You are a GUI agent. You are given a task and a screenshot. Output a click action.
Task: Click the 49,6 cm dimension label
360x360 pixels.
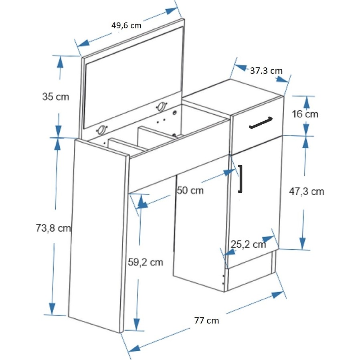tap(126, 25)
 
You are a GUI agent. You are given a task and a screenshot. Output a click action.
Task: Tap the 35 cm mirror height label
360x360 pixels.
tap(56, 97)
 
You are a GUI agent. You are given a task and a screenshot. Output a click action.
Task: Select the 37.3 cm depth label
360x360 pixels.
tap(266, 71)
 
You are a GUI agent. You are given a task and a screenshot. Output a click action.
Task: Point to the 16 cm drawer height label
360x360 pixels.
tap(305, 114)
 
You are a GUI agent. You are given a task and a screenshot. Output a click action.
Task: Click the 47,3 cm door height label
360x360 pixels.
tap(307, 191)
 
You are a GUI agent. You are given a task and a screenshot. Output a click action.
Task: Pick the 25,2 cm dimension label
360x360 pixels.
tap(248, 244)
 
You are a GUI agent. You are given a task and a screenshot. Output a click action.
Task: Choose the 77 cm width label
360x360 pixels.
tap(206, 320)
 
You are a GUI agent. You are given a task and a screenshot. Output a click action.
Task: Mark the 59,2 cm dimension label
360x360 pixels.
tap(146, 262)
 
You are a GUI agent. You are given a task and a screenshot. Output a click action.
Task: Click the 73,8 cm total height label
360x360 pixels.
tap(53, 228)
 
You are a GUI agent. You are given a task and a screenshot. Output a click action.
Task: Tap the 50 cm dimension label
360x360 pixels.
tap(190, 190)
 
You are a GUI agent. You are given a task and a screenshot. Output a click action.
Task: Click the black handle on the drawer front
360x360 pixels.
tap(261, 123)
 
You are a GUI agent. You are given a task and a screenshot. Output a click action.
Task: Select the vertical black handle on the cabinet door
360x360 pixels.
tap(240, 179)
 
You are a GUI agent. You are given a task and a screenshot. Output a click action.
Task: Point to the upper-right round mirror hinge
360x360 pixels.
tap(162, 107)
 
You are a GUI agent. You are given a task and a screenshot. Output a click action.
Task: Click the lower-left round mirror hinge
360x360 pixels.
tap(102, 130)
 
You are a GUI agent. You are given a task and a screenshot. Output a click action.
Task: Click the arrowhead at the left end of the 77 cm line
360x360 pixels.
tap(134, 348)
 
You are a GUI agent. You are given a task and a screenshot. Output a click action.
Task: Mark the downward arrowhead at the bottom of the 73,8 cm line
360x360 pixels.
tap(52, 309)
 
